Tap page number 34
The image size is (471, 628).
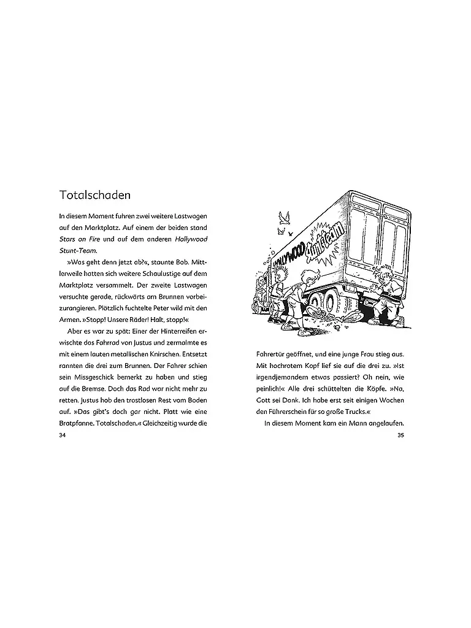(x=60, y=435)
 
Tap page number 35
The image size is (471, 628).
(x=401, y=435)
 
